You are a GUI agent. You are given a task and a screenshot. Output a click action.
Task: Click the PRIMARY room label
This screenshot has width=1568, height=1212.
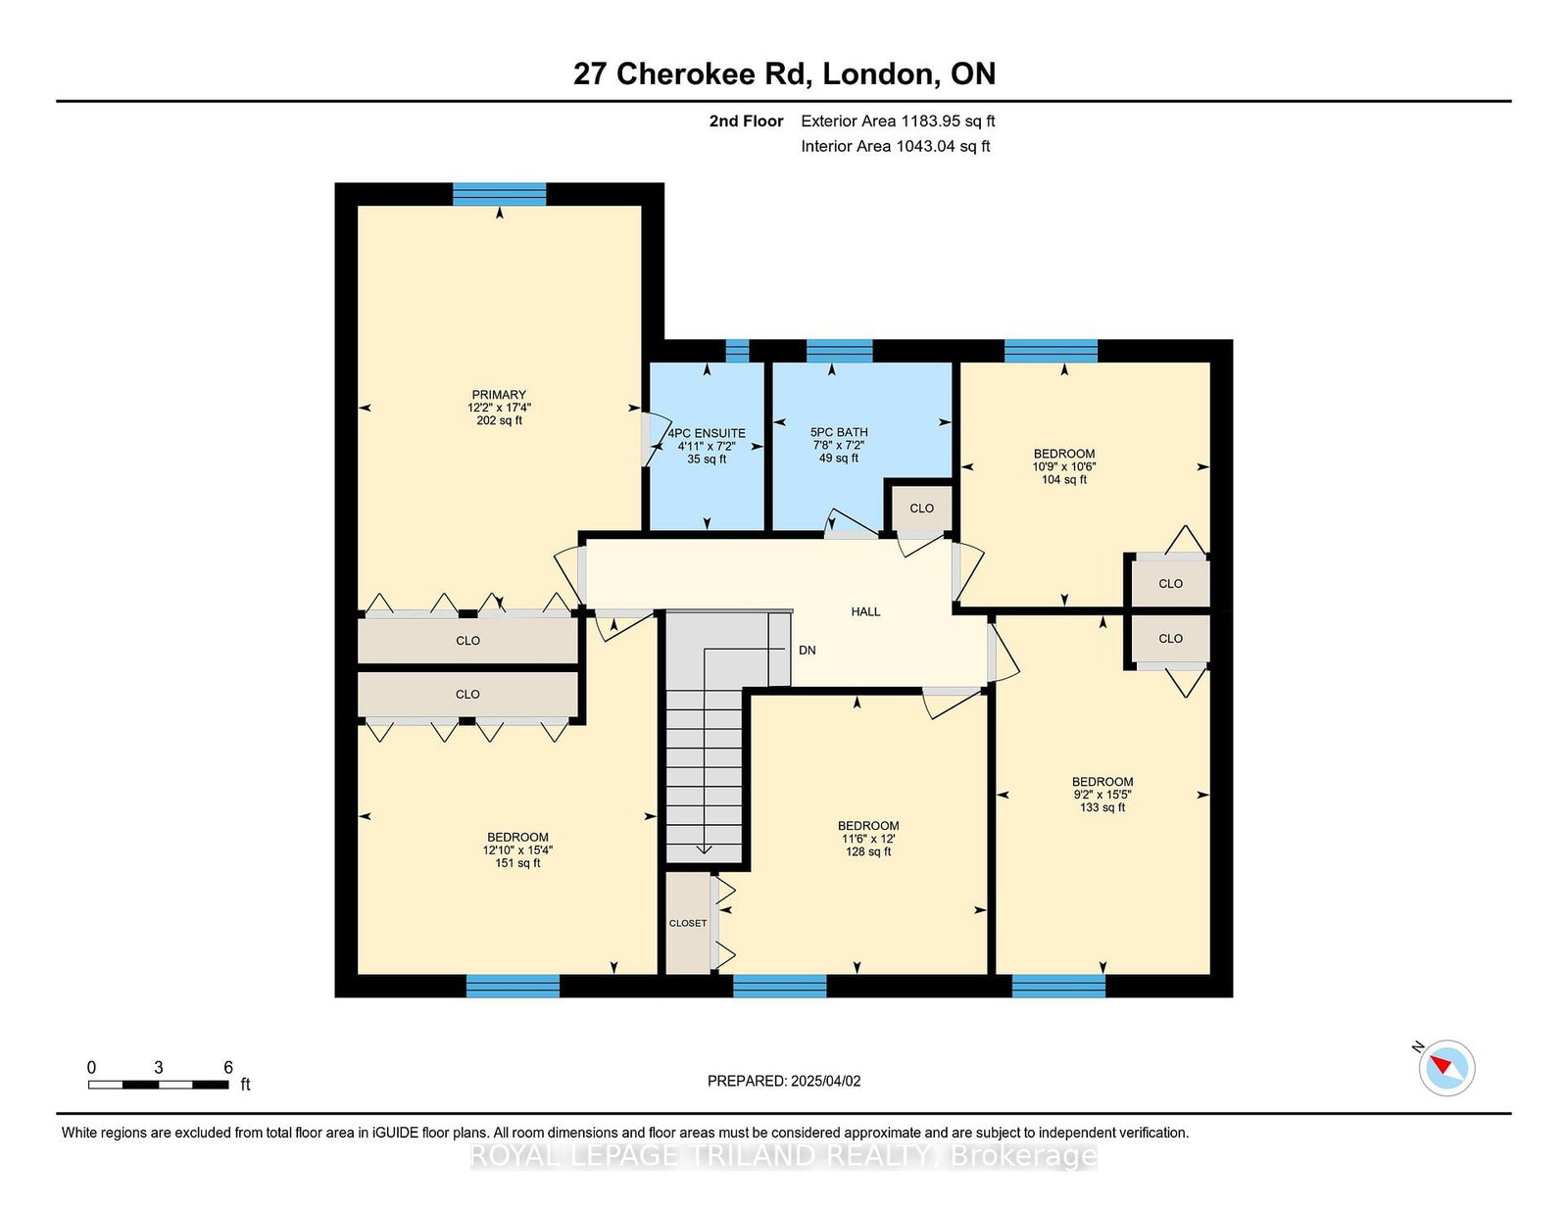pos(499,395)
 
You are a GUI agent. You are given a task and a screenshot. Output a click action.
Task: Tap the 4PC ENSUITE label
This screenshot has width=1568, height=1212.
pos(707,433)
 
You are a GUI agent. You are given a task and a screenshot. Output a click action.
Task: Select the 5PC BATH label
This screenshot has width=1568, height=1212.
pos(839,432)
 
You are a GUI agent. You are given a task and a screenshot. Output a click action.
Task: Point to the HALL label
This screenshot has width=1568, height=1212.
pos(865,611)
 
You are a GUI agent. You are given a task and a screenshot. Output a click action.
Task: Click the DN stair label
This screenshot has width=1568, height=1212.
pos(807,650)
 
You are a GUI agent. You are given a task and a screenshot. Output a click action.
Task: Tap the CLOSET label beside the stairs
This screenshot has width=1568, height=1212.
pos(688,923)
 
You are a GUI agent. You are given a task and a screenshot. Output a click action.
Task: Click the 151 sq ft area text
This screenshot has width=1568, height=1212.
pos(517,863)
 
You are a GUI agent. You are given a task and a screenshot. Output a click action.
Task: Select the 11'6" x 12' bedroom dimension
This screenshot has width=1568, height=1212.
pos(868,839)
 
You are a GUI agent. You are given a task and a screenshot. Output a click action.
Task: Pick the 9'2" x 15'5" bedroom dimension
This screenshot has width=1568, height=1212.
pos(1102,795)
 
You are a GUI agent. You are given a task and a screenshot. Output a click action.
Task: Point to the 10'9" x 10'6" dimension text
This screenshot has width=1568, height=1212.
pos(1063,466)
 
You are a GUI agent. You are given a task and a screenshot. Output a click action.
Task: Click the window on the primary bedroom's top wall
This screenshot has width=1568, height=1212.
pos(500,194)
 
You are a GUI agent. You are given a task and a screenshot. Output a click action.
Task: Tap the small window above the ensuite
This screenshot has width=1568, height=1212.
pos(737,351)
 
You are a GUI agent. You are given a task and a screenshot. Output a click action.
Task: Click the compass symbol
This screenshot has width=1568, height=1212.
pos(1446,1068)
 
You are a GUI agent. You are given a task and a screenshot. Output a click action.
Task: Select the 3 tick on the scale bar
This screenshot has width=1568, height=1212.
pos(158,1067)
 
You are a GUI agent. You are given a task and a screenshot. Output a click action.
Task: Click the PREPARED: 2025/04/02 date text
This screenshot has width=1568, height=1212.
pos(784,1081)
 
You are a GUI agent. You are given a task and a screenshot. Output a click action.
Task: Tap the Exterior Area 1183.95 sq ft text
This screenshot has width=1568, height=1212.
pos(898,121)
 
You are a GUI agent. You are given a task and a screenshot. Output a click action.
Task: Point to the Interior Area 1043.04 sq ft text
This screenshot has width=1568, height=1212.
pos(895,146)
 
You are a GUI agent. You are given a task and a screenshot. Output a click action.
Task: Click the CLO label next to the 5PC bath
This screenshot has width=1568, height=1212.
pos(921,508)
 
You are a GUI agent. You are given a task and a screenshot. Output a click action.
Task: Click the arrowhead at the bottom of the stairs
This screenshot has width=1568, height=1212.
pos(704,849)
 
